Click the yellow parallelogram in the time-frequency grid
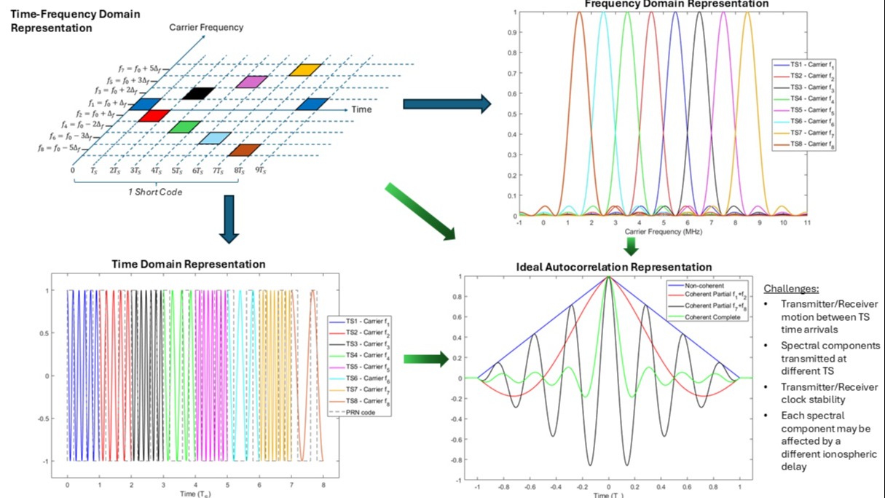click(x=304, y=70)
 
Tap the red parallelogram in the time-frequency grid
click(x=154, y=115)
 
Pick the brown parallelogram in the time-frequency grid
click(x=244, y=150)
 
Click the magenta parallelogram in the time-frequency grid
click(x=251, y=82)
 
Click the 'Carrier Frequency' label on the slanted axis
click(x=206, y=28)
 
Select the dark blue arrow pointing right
click(x=447, y=104)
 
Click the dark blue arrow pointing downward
click(x=229, y=218)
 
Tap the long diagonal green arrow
click(x=420, y=212)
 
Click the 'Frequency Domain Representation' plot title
click(x=677, y=4)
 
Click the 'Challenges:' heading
click(x=789, y=288)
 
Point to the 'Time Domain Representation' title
click(x=188, y=264)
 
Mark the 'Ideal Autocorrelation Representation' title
click(x=608, y=267)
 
